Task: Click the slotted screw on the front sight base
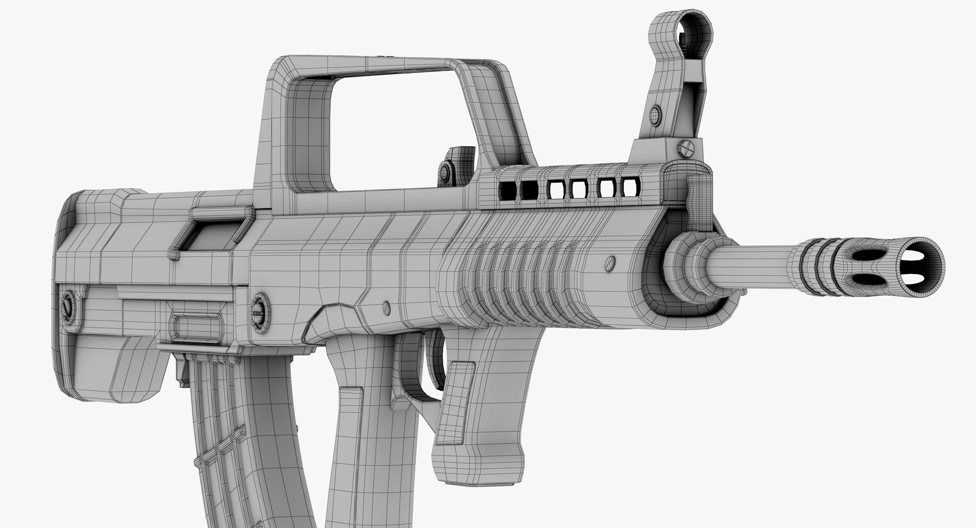685,147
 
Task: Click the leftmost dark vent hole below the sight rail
507,190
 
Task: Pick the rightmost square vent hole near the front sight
630,186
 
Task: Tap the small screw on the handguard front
609,263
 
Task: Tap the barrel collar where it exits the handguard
686,254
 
